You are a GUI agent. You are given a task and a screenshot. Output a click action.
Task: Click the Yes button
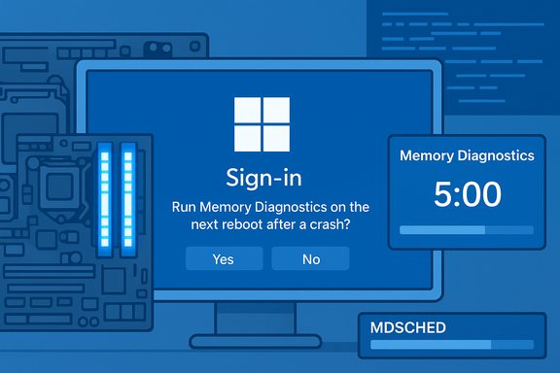click(x=224, y=258)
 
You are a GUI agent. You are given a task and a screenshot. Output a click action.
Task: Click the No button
click(x=310, y=258)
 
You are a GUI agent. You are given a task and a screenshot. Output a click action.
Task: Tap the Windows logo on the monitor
click(x=262, y=124)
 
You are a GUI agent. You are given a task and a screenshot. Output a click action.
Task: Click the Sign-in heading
click(x=262, y=178)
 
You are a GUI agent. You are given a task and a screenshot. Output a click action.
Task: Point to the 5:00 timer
click(x=466, y=194)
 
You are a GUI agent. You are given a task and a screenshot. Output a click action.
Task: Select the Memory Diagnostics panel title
click(x=467, y=155)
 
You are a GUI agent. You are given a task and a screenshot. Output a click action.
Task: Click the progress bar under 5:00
click(x=467, y=230)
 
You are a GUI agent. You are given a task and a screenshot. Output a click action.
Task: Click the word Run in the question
click(x=185, y=207)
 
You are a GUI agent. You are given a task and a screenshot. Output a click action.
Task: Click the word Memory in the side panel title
click(x=429, y=155)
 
